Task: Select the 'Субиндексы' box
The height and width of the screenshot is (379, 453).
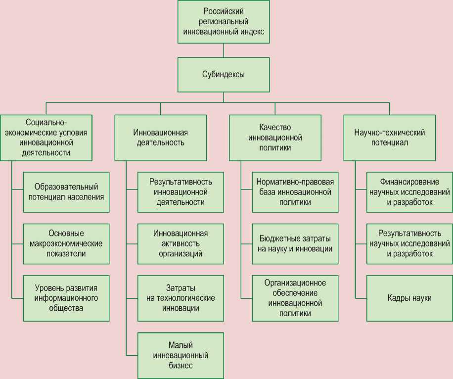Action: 224,75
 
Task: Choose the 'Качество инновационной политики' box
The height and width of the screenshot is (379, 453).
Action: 275,138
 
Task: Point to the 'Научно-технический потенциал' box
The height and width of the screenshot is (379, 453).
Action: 390,138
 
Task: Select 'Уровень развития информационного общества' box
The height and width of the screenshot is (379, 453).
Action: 66,298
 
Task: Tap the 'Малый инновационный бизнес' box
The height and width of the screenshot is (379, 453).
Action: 181,355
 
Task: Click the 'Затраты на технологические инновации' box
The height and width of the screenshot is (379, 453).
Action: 181,298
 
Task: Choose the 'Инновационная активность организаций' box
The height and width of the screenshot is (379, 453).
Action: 181,243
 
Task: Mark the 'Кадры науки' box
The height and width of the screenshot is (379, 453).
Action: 409,298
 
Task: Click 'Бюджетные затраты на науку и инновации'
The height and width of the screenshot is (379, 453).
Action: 295,243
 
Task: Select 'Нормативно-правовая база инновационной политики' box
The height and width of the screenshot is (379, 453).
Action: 295,192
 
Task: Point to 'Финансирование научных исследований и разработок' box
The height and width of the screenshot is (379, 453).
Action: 409,192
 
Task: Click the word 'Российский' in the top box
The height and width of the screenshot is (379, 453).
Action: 224,11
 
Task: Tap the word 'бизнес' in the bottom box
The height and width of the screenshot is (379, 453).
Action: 180,366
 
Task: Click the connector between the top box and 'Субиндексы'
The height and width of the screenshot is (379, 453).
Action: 224,50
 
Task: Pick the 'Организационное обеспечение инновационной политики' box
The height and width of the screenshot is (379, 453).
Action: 295,298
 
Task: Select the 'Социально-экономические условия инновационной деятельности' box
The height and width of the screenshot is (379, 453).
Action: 46,138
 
